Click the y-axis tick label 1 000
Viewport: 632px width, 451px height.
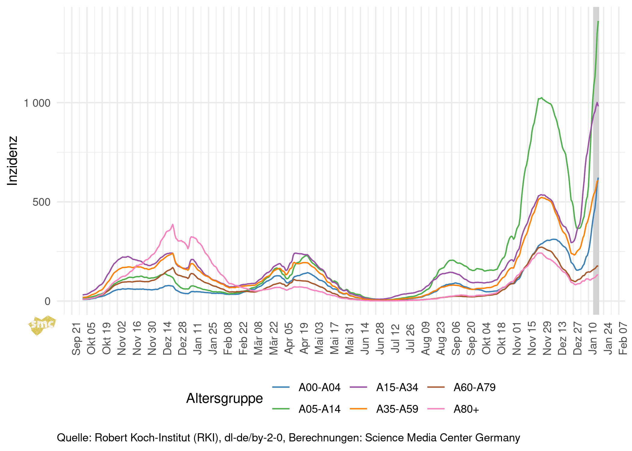coord(37,103)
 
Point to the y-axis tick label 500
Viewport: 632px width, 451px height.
coord(41,202)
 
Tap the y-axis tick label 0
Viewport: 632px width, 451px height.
coord(47,301)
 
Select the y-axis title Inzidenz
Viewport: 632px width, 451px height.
coord(13,161)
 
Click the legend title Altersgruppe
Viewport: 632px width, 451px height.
coord(225,398)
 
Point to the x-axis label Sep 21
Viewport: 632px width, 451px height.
coord(76,339)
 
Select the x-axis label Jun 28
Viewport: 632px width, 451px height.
coord(380,339)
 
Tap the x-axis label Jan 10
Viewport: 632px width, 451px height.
coord(593,339)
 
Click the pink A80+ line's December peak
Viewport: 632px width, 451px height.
coord(172,224)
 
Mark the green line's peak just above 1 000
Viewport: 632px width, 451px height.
coord(541,98)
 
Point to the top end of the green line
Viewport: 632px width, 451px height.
coord(598,21)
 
